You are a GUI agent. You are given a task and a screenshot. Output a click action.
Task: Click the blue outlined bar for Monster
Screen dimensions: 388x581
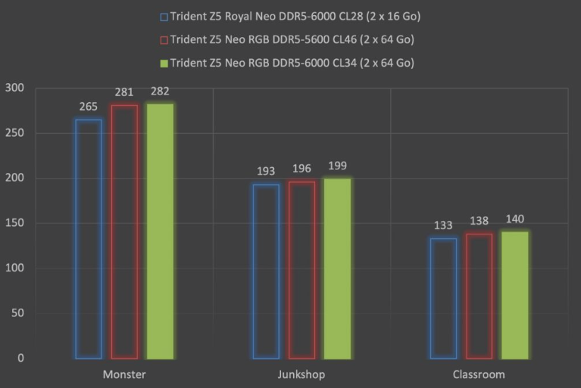(x=89, y=238)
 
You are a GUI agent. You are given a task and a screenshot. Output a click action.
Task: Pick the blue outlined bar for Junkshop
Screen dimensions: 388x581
(x=266, y=271)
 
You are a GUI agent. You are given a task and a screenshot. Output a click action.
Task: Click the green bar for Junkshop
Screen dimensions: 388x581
(x=337, y=268)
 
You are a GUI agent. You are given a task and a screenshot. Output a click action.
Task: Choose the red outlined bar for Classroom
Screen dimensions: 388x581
(x=479, y=295)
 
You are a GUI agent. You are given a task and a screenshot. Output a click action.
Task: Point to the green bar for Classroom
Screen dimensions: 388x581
(x=515, y=294)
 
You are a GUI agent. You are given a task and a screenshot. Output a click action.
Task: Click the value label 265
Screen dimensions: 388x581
(x=89, y=107)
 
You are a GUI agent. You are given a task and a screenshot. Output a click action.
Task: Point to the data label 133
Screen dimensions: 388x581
(x=443, y=226)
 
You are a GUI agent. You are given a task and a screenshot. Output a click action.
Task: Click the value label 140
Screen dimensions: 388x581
(x=515, y=219)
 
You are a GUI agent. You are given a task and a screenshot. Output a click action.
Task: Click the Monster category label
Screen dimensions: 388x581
(x=124, y=374)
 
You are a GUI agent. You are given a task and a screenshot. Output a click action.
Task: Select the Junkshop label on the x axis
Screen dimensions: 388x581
(x=301, y=374)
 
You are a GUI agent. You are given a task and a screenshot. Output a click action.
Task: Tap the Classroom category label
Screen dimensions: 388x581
(x=479, y=374)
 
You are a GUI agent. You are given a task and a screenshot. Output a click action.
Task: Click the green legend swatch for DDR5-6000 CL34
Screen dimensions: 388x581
(x=164, y=63)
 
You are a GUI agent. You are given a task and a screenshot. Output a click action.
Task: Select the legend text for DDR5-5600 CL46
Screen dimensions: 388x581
(x=292, y=39)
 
